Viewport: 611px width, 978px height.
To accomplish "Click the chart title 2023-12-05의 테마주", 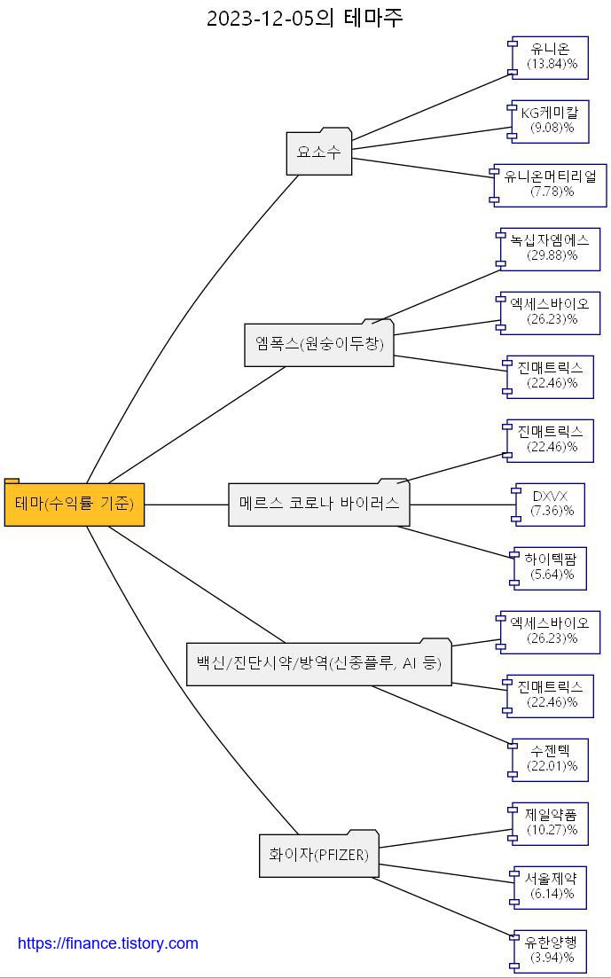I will tap(305, 18).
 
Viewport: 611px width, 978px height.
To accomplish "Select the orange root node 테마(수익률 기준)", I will tap(74, 505).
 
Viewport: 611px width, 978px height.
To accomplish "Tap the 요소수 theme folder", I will tap(319, 153).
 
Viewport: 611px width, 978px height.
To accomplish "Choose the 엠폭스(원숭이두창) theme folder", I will tap(319, 344).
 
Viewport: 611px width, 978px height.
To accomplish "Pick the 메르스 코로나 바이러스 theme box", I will tap(319, 504).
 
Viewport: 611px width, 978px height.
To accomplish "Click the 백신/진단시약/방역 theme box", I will tap(319, 663).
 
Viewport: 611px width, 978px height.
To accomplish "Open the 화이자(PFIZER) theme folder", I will tap(319, 856).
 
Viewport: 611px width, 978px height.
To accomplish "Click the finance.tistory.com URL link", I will tap(108, 943).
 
